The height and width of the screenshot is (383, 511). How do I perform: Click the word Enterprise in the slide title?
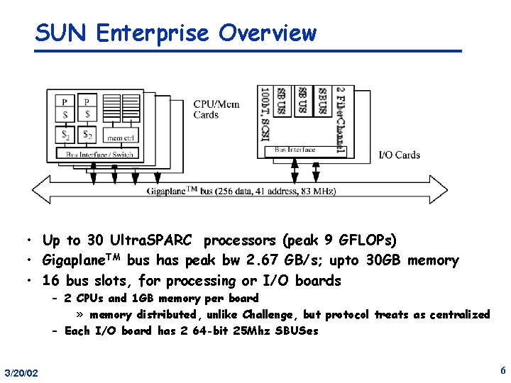(x=153, y=33)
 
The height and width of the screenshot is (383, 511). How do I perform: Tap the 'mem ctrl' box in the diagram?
(x=120, y=137)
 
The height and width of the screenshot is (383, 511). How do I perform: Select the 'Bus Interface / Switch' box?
(x=99, y=154)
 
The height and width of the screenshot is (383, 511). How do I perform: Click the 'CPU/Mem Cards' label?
(x=216, y=109)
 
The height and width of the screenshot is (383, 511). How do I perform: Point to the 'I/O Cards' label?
(x=398, y=155)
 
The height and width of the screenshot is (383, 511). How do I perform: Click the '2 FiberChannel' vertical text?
(x=340, y=121)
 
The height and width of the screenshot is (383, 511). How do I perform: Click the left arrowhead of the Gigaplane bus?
(x=39, y=190)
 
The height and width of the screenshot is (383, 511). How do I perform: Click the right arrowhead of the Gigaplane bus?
(x=441, y=190)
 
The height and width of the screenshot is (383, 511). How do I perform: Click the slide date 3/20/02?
(x=21, y=373)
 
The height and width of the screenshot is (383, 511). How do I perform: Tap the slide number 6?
(x=502, y=370)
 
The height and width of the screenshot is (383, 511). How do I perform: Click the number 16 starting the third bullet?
(x=51, y=281)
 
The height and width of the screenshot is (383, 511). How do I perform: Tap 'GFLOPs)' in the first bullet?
(x=368, y=240)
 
